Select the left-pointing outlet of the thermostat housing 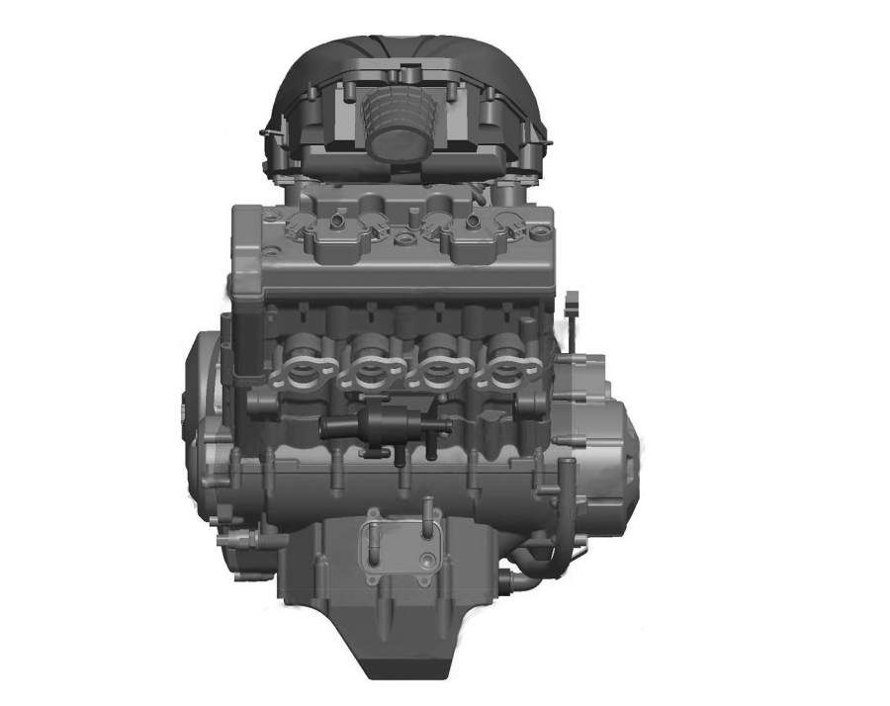point(330,428)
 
